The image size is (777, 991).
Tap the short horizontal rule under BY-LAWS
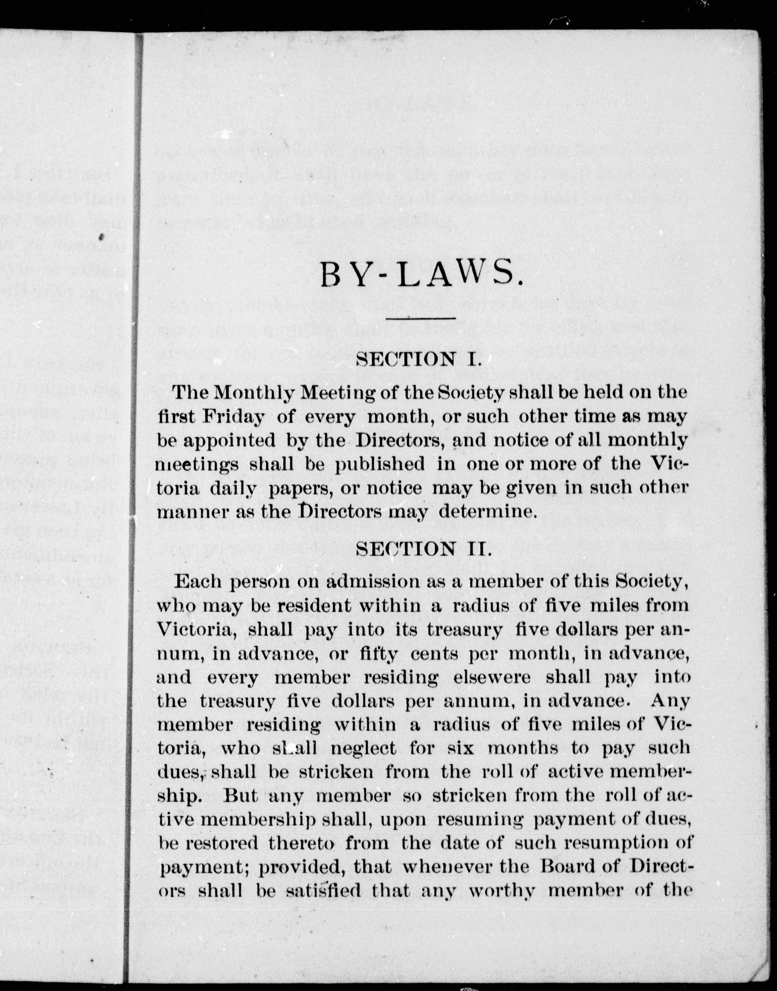pos(420,318)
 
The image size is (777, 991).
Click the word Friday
pos(234,417)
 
